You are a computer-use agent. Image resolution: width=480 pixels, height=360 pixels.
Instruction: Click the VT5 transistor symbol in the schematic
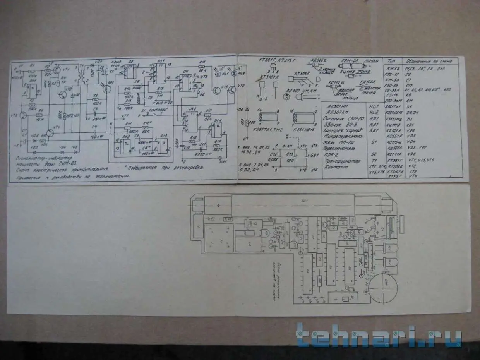[x=217, y=90]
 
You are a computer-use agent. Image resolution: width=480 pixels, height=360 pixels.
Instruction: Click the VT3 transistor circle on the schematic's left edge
[x=24, y=115]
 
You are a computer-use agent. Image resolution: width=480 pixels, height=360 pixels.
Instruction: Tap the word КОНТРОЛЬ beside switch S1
[x=156, y=110]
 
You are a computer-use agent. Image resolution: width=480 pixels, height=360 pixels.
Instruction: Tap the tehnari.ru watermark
[x=379, y=335]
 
